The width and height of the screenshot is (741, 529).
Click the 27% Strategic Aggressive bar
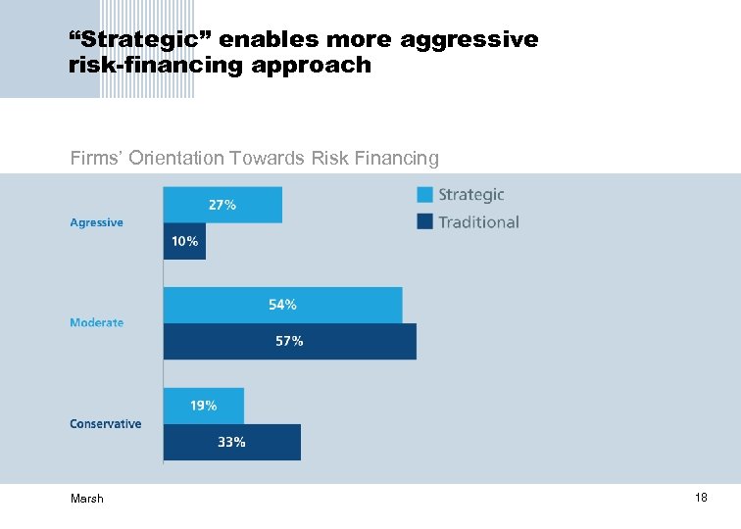point(222,205)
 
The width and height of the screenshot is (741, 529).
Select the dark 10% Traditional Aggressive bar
point(184,241)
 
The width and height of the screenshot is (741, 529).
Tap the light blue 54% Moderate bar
point(282,305)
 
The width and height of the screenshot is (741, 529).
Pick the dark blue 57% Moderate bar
point(289,341)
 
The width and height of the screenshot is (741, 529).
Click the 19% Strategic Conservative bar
point(203,406)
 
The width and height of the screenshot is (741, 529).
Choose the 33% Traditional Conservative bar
point(231,442)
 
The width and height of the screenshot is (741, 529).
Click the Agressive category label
point(96,222)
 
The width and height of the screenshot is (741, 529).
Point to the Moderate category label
point(96,322)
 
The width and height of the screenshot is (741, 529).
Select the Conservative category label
point(105,423)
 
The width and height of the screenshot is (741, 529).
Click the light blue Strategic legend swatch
point(424,194)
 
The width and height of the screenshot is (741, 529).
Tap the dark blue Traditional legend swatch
point(424,221)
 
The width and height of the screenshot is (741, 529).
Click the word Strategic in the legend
point(470,195)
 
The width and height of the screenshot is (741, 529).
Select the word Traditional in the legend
point(478,222)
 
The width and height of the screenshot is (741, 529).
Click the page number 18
point(701,498)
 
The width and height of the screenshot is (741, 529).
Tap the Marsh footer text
point(86,499)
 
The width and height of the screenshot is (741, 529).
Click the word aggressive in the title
point(468,40)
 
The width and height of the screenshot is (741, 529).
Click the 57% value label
point(289,341)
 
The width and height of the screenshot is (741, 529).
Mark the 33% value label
point(231,442)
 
